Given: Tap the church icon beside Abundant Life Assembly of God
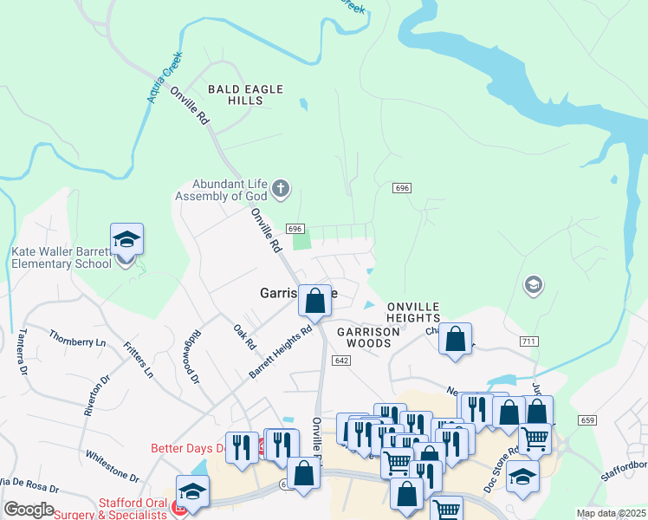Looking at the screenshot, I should tap(280, 188).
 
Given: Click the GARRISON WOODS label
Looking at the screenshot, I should tap(363, 338).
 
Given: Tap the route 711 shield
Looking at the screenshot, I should tap(528, 342).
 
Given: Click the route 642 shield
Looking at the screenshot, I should tap(340, 361).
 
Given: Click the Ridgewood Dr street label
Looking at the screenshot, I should tap(189, 361).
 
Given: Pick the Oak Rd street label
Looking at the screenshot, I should tap(245, 337).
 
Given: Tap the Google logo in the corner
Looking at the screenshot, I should tap(29, 509).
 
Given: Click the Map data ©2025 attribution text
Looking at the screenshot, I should tap(610, 513).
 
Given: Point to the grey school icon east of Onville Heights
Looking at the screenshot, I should tap(534, 284).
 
